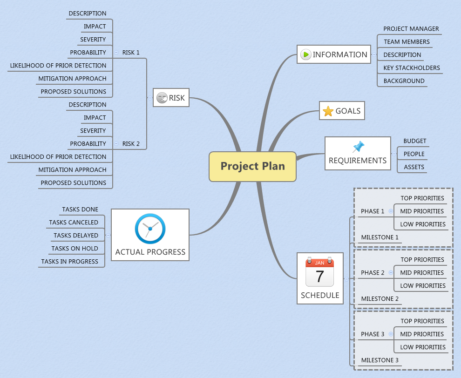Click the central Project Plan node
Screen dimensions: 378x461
click(252, 166)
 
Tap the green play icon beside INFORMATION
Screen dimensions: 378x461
click(305, 54)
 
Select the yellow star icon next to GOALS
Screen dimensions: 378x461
click(328, 111)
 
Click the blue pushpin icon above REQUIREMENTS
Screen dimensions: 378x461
click(358, 147)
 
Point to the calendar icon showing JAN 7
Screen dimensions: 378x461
click(319, 272)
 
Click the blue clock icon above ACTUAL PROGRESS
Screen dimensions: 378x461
click(150, 229)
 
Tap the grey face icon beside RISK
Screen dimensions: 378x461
click(162, 98)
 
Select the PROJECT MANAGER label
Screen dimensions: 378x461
click(411, 29)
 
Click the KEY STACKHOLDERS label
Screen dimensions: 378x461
click(411, 68)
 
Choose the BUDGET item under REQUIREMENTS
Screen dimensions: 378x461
click(414, 141)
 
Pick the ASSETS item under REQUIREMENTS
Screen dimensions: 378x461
click(414, 167)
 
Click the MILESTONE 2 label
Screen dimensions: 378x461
click(380, 299)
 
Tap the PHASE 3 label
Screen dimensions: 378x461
click(373, 334)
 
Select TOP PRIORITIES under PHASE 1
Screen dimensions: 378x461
click(422, 198)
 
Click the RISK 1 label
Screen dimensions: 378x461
click(131, 53)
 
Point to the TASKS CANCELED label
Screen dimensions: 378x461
click(74, 223)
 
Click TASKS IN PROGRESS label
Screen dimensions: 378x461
click(69, 262)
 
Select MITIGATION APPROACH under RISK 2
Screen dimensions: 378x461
click(72, 170)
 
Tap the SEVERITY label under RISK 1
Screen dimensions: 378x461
click(93, 40)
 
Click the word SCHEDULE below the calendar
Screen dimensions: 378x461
click(319, 295)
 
